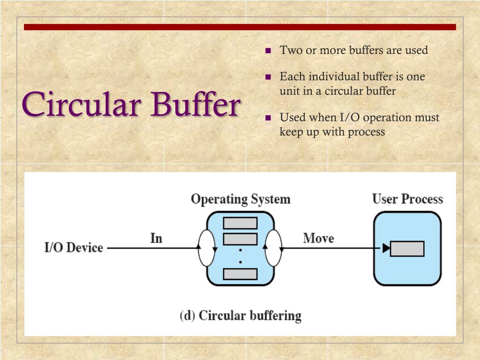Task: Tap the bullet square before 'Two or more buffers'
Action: click(x=269, y=51)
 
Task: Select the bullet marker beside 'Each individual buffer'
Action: click(x=269, y=77)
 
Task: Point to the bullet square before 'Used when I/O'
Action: click(x=269, y=118)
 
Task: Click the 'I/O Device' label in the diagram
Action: click(x=74, y=247)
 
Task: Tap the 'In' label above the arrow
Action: click(x=156, y=238)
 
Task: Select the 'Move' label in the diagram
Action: click(x=318, y=238)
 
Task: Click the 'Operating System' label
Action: click(x=240, y=199)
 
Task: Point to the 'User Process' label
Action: click(x=407, y=199)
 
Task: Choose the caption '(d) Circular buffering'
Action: click(x=240, y=315)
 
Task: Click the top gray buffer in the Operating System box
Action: click(x=240, y=223)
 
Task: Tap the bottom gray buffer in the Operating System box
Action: click(x=240, y=274)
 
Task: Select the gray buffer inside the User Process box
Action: click(x=407, y=248)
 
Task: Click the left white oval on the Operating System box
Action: click(x=207, y=248)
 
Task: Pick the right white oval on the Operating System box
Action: click(x=273, y=248)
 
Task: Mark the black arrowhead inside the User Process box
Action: click(x=386, y=248)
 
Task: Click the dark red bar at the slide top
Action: click(x=240, y=27)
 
